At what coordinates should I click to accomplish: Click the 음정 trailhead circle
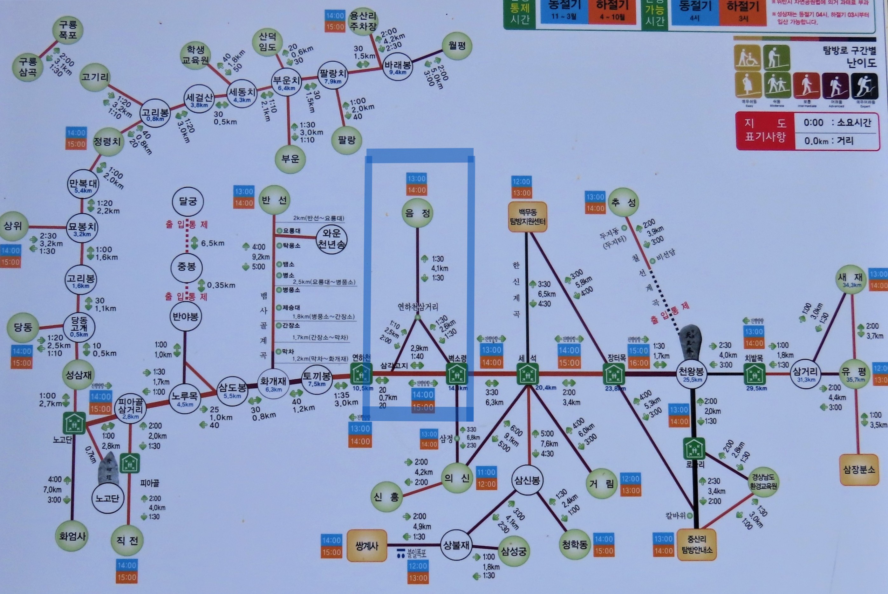click(x=417, y=213)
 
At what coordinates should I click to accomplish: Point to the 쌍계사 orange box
click(x=366, y=546)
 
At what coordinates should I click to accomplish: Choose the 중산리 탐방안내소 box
click(x=696, y=545)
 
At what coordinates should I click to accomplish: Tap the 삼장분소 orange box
click(x=859, y=470)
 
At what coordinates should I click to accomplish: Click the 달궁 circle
click(x=188, y=201)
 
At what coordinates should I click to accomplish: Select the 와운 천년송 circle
click(x=331, y=239)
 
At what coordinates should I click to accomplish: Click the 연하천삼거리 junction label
click(x=418, y=307)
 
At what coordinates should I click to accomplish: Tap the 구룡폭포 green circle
click(x=68, y=30)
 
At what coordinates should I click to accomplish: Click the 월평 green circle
click(x=457, y=46)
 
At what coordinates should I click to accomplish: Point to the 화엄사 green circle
click(x=72, y=536)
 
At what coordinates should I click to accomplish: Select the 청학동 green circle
click(x=575, y=544)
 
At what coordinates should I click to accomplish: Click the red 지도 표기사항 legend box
click(x=765, y=131)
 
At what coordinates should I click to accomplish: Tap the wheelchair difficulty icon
click(x=747, y=58)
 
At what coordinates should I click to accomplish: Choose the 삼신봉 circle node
click(x=527, y=480)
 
